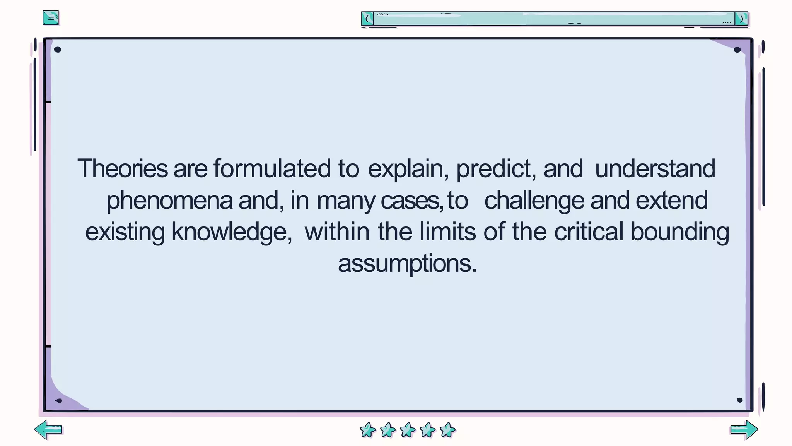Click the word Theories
pyautogui.click(x=123, y=169)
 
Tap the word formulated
pyautogui.click(x=272, y=169)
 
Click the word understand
pyautogui.click(x=655, y=169)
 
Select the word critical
pyautogui.click(x=589, y=232)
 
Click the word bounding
pyautogui.click(x=680, y=232)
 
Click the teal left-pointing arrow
pyautogui.click(x=48, y=430)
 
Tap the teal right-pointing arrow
pyautogui.click(x=744, y=430)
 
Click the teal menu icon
pyautogui.click(x=51, y=17)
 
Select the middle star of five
pyautogui.click(x=408, y=430)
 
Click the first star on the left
pyautogui.click(x=368, y=430)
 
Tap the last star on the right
pyautogui.click(x=448, y=430)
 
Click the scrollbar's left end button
pyautogui.click(x=367, y=19)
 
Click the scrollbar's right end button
pyautogui.click(x=741, y=19)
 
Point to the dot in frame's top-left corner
pyautogui.click(x=58, y=50)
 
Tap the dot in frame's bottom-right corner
pyautogui.click(x=739, y=400)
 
